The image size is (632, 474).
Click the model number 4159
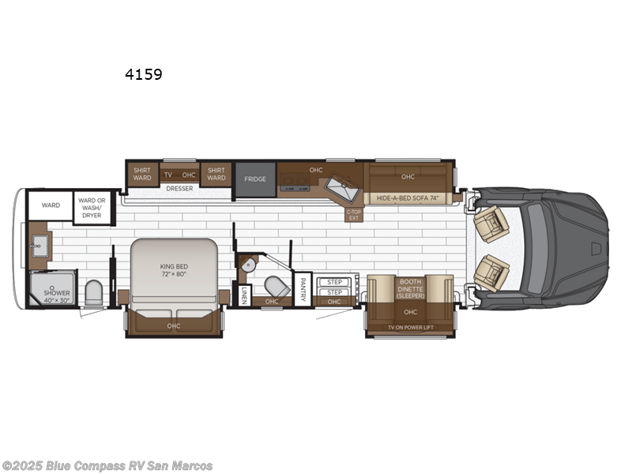143,75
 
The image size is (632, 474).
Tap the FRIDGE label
254,179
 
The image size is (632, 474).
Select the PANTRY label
303,289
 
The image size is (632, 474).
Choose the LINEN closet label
244,295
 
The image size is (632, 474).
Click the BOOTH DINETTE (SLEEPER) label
410,289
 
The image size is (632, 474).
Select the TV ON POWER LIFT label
410,326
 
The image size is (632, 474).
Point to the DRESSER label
179,189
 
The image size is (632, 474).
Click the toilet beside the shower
93,293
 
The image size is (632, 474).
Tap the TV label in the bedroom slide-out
167,175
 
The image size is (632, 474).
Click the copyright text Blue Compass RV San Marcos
107,465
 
